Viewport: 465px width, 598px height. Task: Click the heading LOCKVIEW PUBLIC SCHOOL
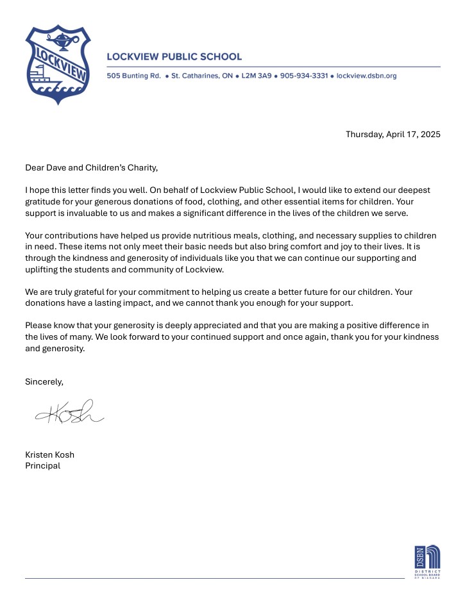pyautogui.click(x=174, y=57)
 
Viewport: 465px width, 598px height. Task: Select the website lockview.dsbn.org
pyautogui.click(x=367, y=76)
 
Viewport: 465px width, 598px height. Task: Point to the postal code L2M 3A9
pyautogui.click(x=257, y=76)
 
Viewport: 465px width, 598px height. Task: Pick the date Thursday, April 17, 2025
pyautogui.click(x=393, y=134)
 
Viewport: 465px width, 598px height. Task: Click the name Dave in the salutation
pyautogui.click(x=60, y=168)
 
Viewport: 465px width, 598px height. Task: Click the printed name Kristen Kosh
pyautogui.click(x=49, y=454)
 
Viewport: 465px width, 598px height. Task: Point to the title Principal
pyautogui.click(x=42, y=465)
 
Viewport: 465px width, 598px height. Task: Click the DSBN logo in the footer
pyautogui.click(x=427, y=561)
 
